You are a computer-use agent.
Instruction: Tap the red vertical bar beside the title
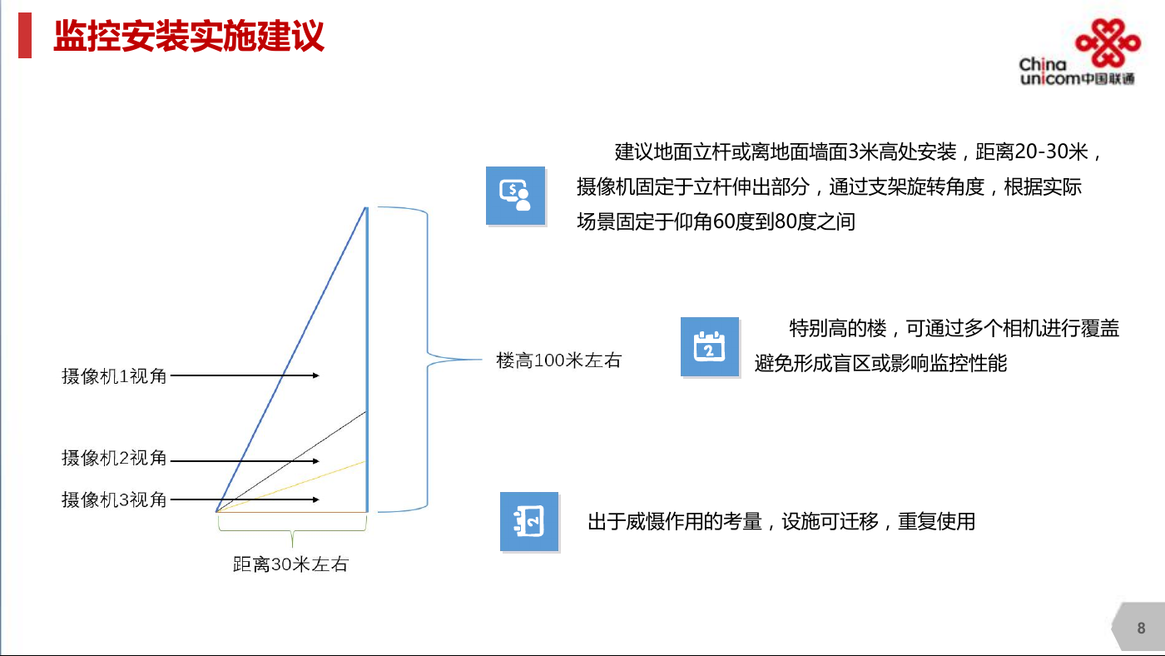(x=25, y=35)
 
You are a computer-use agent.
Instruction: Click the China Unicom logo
(x=1080, y=52)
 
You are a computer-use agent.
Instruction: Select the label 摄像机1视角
(x=114, y=375)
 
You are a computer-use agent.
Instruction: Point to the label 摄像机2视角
(x=114, y=458)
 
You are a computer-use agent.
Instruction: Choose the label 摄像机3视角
(x=114, y=499)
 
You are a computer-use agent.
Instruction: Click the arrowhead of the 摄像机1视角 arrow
(x=316, y=375)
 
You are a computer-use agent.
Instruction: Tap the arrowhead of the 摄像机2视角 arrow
(x=316, y=461)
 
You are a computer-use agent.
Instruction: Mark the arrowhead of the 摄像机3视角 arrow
(x=316, y=499)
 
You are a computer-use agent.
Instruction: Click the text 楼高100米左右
(x=558, y=360)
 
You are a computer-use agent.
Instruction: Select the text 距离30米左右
(x=290, y=564)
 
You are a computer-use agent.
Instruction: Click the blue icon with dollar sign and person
(x=515, y=196)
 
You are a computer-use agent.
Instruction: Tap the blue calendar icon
(x=709, y=346)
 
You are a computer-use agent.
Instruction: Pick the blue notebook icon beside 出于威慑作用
(x=529, y=521)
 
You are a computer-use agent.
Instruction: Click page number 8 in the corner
(x=1141, y=628)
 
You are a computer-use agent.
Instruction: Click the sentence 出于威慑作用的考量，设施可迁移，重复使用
(x=781, y=521)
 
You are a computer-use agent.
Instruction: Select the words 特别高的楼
(x=838, y=328)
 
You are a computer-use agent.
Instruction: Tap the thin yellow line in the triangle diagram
(x=291, y=486)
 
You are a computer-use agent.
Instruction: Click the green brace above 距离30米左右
(x=292, y=531)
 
